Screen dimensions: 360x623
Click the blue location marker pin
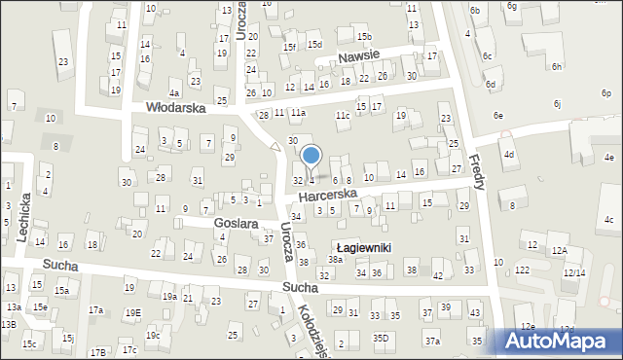311,156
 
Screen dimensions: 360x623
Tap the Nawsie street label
359,58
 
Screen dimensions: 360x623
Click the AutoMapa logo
559,341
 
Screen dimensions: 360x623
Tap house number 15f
289,46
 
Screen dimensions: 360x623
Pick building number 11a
297,113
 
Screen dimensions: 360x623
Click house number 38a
335,260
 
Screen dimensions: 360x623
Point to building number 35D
380,339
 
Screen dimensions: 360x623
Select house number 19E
132,312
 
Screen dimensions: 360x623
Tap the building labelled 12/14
574,273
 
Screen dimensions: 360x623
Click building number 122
523,270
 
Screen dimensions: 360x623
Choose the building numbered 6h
557,66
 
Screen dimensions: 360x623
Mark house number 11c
342,116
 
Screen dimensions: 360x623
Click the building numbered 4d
508,155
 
